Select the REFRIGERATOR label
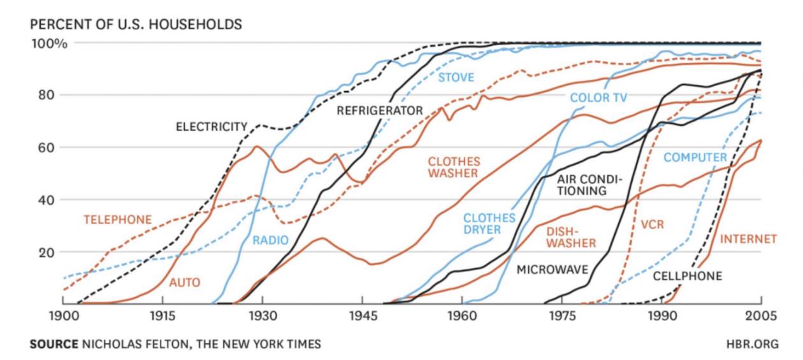pos(379,111)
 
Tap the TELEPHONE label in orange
pos(117,220)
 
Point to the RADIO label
pos(270,240)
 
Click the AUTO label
pos(185,282)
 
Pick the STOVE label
pos(456,78)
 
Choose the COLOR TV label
pos(598,97)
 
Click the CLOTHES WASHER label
pos(454,167)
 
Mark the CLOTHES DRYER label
pos(489,224)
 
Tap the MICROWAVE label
pos(552,270)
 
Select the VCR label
pos(652,225)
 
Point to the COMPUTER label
pos(695,157)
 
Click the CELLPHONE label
pos(687,276)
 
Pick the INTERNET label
pos(748,239)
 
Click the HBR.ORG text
pos(752,344)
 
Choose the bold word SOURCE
pos(54,344)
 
